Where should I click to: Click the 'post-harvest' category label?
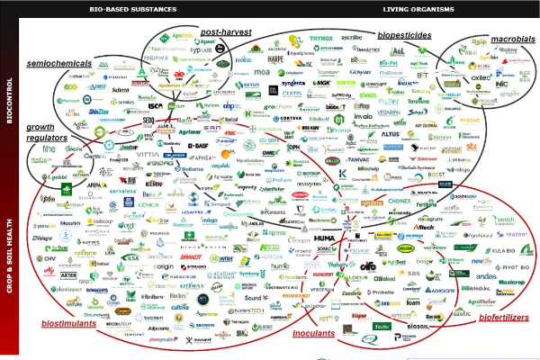coord(225,32)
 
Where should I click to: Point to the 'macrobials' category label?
coord(513,40)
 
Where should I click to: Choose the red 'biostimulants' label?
coord(71,323)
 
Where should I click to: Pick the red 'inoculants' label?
coord(314,334)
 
